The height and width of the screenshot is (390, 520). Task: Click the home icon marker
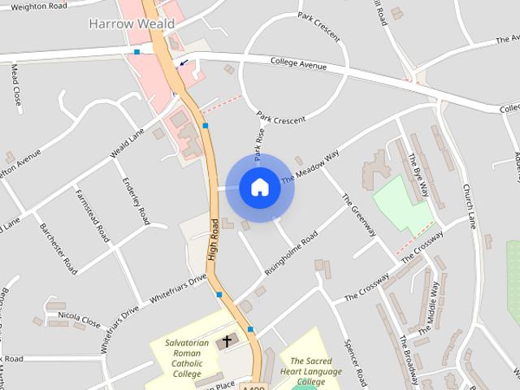(259, 187)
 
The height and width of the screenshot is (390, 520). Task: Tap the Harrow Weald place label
(131, 24)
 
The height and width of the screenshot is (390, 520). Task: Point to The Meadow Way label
(310, 168)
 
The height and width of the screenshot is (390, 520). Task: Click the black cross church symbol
(227, 340)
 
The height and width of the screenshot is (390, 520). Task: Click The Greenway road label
(358, 214)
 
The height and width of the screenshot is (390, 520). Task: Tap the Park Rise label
(258, 143)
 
